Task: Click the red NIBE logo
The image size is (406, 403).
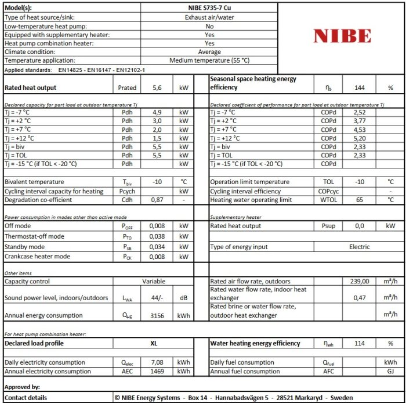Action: click(x=342, y=36)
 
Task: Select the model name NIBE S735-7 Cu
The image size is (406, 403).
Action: click(x=209, y=8)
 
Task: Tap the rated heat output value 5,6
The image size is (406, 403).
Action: click(x=157, y=88)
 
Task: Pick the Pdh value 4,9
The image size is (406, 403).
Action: click(x=157, y=112)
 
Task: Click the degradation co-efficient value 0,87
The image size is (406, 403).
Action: click(x=157, y=200)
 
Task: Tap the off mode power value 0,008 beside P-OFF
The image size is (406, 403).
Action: click(x=157, y=226)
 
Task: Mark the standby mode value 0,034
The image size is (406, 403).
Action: click(x=157, y=247)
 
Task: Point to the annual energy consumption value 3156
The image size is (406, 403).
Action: click(x=157, y=315)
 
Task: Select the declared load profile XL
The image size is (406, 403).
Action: click(x=154, y=343)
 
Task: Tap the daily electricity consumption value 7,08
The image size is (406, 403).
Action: click(x=157, y=362)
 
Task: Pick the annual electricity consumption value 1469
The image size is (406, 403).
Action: click(x=157, y=371)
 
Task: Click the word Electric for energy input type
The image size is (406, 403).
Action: click(x=359, y=247)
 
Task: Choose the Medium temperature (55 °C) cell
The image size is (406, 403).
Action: click(x=209, y=60)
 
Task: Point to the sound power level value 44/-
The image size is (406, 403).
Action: click(x=157, y=298)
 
